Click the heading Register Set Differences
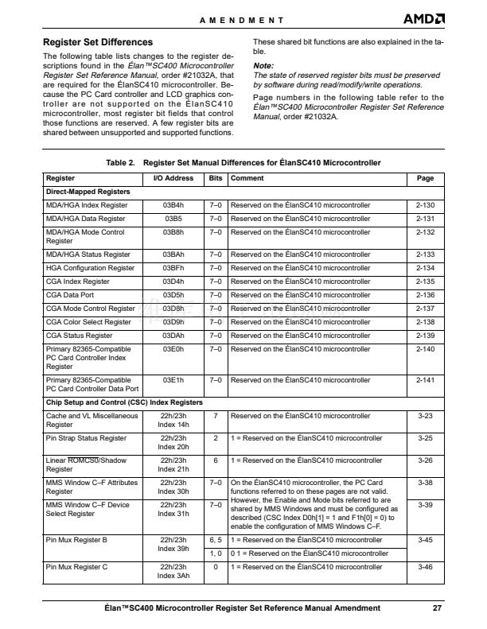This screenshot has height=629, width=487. pos(97,41)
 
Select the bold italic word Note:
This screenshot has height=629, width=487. pos(263,65)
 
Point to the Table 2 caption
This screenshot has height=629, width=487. pos(243,162)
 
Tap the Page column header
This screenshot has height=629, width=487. pos(425,179)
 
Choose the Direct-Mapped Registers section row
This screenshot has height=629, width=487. pos(88,192)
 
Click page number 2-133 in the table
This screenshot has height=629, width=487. pos(425,254)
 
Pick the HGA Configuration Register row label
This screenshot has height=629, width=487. pos(90,268)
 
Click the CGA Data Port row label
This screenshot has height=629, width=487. pos(76,293)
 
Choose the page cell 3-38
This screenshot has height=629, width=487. pos(425,482)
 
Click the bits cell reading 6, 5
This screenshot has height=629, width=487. pos(214,540)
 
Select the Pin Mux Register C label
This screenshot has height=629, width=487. pos(77,566)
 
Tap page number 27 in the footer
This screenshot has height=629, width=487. pos(437,608)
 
